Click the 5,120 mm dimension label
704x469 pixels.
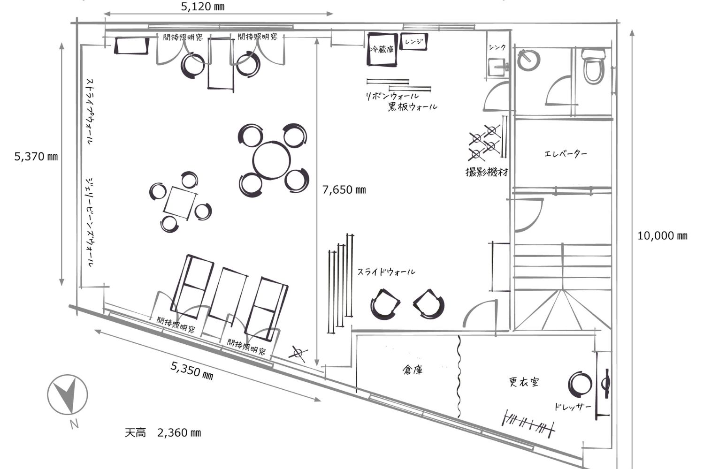click(203, 7)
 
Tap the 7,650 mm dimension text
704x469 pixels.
click(344, 190)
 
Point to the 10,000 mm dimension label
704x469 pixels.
click(662, 235)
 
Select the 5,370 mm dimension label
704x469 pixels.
click(36, 156)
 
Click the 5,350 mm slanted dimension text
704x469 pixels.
click(192, 370)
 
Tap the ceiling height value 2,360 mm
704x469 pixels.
click(179, 433)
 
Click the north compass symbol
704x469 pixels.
click(68, 394)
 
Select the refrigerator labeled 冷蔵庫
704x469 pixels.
click(382, 49)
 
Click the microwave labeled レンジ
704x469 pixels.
click(413, 41)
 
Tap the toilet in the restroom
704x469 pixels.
click(593, 66)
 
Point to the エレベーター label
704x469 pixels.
click(565, 154)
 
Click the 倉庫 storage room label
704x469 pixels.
click(413, 370)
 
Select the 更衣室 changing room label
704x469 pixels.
click(524, 382)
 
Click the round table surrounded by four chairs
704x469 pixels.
click(271, 160)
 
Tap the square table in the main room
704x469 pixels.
click(180, 203)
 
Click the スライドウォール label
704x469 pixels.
click(386, 272)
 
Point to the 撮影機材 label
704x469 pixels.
click(487, 172)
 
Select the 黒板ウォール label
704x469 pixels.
click(413, 107)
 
